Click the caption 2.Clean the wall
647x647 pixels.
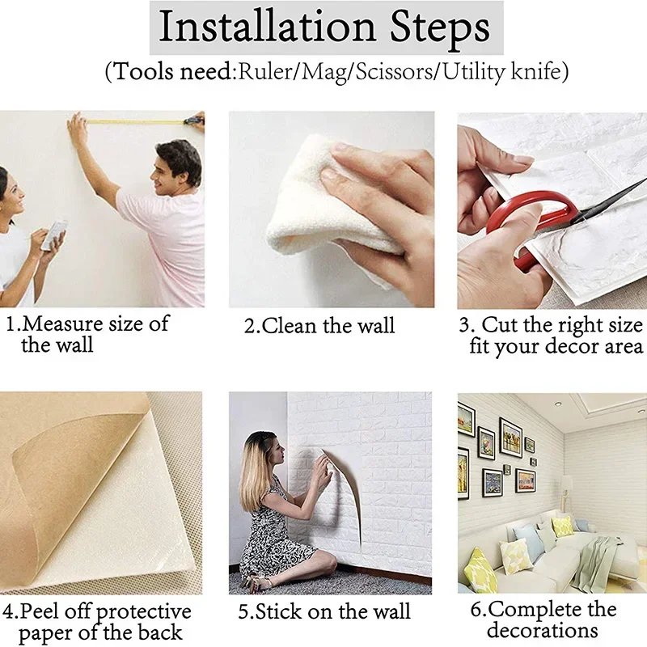(320, 327)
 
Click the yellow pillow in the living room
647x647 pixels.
(480, 570)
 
